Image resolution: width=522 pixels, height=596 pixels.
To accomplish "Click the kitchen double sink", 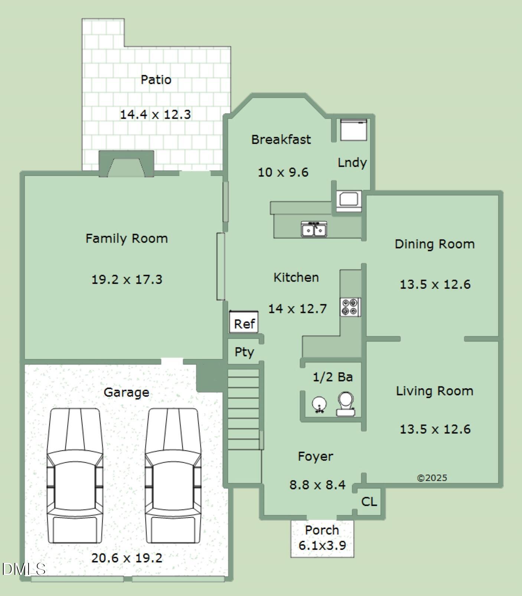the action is coord(314,229).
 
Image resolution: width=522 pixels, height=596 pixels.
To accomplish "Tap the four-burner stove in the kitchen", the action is coord(350,307).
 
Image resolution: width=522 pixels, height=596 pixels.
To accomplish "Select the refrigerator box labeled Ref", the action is coord(244,322).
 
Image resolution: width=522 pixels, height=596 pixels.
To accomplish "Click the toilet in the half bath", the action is coord(346,404).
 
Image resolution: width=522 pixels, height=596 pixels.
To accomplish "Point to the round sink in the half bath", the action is coord(319,405).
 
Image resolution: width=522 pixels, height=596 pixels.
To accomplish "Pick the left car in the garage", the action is coord(75,476).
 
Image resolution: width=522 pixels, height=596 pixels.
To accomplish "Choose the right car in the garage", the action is coord(173,476).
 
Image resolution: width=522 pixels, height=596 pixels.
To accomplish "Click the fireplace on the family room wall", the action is coord(126,164).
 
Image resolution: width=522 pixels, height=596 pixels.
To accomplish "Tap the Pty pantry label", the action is coord(244,352).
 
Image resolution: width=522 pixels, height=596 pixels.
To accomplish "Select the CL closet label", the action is coord(369,502).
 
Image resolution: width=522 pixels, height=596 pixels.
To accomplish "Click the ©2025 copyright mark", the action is coord(432,478).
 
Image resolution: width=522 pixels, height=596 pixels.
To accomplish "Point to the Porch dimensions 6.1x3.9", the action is coord(322,545).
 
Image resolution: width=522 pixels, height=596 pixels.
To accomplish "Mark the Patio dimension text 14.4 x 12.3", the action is coord(155,114).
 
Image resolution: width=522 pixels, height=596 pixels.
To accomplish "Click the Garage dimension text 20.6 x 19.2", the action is coord(127,558).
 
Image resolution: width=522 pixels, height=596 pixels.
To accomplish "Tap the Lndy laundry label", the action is coord(352,163).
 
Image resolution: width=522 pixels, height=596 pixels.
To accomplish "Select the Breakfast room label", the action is coord(281,139).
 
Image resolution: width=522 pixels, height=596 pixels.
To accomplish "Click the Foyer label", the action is coord(316,456).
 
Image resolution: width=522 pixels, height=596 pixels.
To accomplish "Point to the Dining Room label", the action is coord(435,244).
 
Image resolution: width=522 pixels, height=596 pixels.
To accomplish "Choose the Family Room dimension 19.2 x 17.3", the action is coord(127,279).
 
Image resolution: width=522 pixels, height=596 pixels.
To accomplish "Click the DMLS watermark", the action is coord(24,569).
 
